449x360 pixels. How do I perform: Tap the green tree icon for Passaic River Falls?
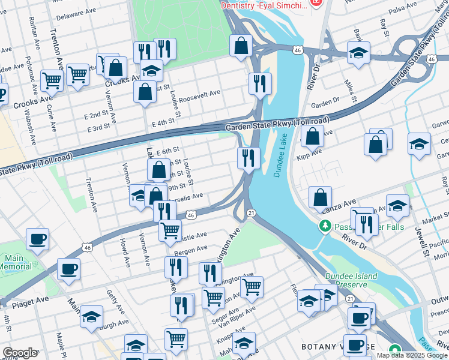(324, 226)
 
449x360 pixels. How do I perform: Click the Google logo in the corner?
(20, 353)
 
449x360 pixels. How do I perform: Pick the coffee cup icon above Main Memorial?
(37, 239)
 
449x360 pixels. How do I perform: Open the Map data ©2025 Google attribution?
(412, 355)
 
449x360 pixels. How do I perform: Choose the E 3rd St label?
(98, 128)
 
